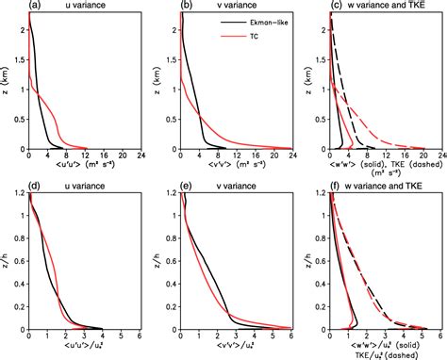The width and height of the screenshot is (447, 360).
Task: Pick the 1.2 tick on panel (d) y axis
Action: [x=18, y=194]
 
